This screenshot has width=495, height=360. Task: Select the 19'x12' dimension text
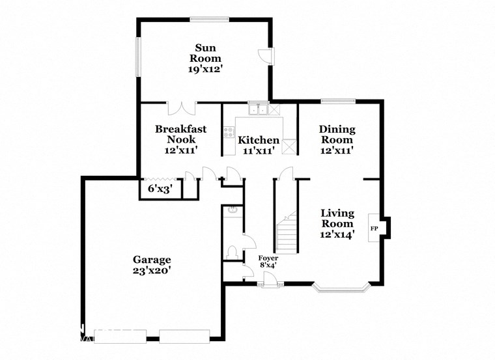(x=205, y=68)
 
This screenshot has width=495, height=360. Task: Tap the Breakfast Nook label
(x=180, y=134)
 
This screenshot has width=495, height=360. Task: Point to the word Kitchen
(x=259, y=140)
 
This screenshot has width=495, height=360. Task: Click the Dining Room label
(x=336, y=134)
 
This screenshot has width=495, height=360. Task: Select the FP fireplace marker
(x=375, y=228)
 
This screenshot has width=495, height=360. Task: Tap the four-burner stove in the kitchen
(x=229, y=133)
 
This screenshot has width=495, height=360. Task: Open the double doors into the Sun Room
(x=181, y=108)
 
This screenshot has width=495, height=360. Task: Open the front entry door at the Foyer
(x=269, y=280)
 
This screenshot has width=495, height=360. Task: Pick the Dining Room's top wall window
(x=337, y=101)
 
